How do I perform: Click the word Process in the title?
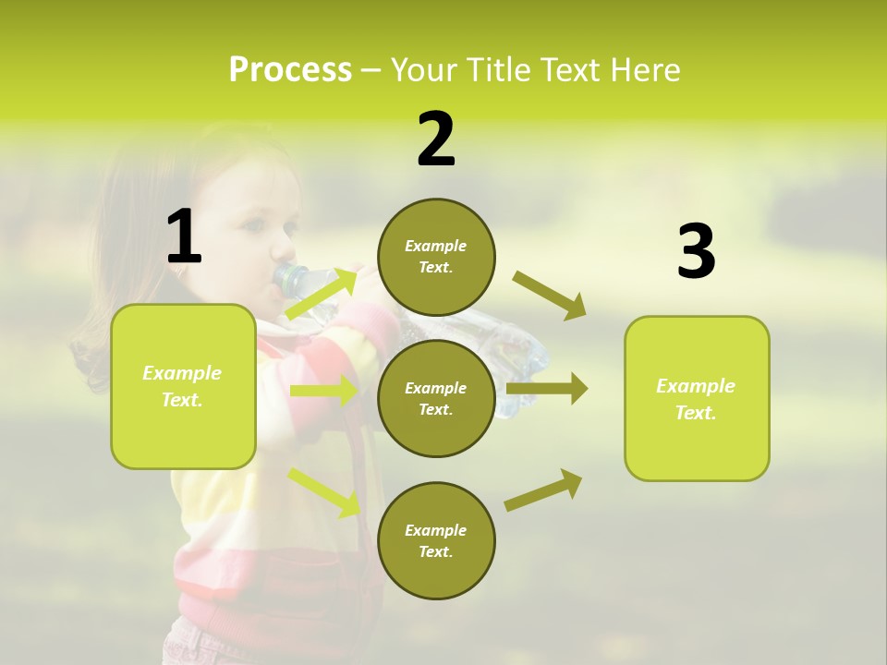point(290,70)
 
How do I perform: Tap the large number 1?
point(184,236)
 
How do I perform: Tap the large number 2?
point(436,139)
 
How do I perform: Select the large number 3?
point(696,252)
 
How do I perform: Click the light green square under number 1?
point(183,386)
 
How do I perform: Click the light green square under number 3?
point(697,398)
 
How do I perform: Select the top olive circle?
point(436,257)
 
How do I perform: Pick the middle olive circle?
point(436,398)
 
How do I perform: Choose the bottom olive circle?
point(436,540)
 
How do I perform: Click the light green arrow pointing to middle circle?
point(323,391)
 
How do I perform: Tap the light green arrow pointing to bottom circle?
point(323,491)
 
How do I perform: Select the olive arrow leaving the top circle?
point(549,295)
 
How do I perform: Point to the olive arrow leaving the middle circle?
point(547,389)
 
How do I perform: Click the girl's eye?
point(258,224)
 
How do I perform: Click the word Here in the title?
point(648,70)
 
